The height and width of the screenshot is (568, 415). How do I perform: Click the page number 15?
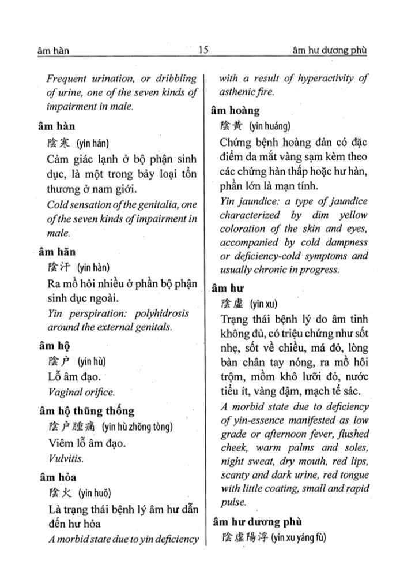pyautogui.click(x=203, y=50)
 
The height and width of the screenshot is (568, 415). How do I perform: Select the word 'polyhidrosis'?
pyautogui.click(x=161, y=313)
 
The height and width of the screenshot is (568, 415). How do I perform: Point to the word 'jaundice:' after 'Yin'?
pyautogui.click(x=259, y=203)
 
